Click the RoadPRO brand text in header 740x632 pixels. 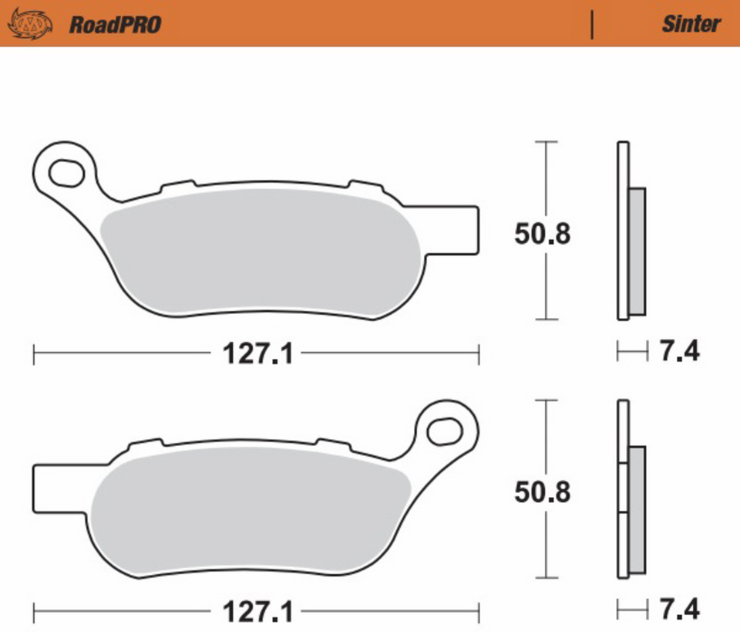pos(115,25)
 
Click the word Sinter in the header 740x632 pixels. pos(691,24)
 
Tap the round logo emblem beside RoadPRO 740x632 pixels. pos(32,25)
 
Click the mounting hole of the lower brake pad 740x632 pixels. pos(445,430)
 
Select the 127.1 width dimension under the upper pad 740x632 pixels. pos(257,355)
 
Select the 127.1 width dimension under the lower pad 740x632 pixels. pos(257,613)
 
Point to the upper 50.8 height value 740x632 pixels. pos(543,234)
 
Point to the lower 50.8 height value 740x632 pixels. pos(543,492)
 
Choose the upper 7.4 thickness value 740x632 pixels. pos(680,352)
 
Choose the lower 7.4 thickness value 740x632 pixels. pos(680,610)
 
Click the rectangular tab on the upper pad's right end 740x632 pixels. pos(455,230)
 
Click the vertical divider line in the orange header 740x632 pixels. pos(592,25)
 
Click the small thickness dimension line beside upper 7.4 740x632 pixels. pos(632,353)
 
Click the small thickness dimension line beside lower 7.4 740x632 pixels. pos(632,610)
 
